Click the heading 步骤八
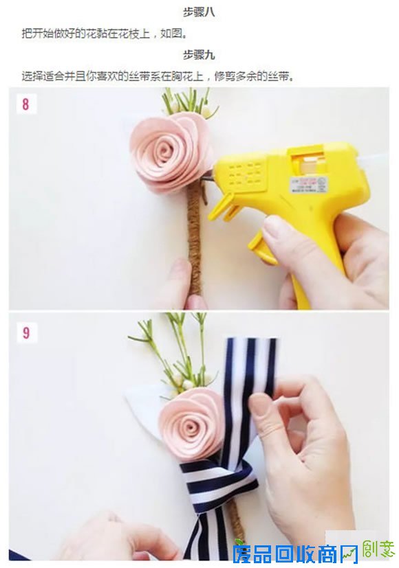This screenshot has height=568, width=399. point(199,12)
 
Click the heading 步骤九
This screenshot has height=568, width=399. point(199,55)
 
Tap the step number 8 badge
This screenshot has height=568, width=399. point(25,105)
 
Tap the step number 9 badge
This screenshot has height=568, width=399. point(25,333)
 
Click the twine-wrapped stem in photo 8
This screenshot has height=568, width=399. point(195,234)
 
